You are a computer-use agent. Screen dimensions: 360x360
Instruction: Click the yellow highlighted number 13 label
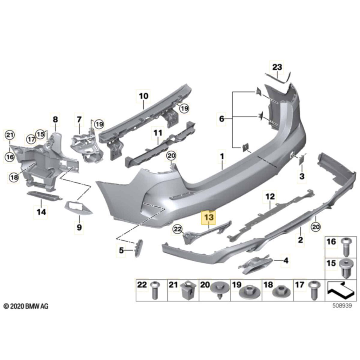click(209, 217)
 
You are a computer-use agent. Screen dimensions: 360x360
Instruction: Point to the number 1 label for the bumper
click(222, 156)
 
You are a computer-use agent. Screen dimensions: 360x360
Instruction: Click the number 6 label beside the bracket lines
click(221, 119)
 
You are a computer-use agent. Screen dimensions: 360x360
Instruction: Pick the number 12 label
click(270, 197)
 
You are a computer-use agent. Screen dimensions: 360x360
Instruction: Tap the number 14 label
click(41, 212)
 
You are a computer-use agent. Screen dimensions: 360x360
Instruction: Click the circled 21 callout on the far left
click(10, 136)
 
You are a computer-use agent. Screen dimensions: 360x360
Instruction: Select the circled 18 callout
click(14, 178)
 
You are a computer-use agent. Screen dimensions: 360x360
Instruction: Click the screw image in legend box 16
click(347, 247)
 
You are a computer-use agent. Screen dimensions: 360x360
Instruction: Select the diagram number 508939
click(342, 306)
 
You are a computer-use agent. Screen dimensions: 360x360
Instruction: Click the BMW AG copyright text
click(25, 306)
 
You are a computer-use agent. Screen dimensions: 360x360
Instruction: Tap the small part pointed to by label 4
click(255, 264)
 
